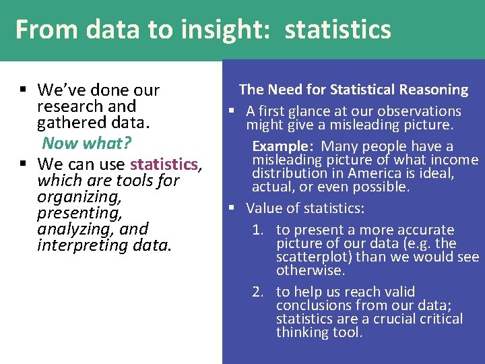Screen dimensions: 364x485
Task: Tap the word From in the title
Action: pyautogui.click(x=38, y=30)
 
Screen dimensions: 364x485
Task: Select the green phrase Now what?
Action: pyautogui.click(x=86, y=143)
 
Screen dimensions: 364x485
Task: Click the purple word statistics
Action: pyautogui.click(x=164, y=164)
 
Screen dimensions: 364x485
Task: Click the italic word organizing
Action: pyautogui.click(x=79, y=197)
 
